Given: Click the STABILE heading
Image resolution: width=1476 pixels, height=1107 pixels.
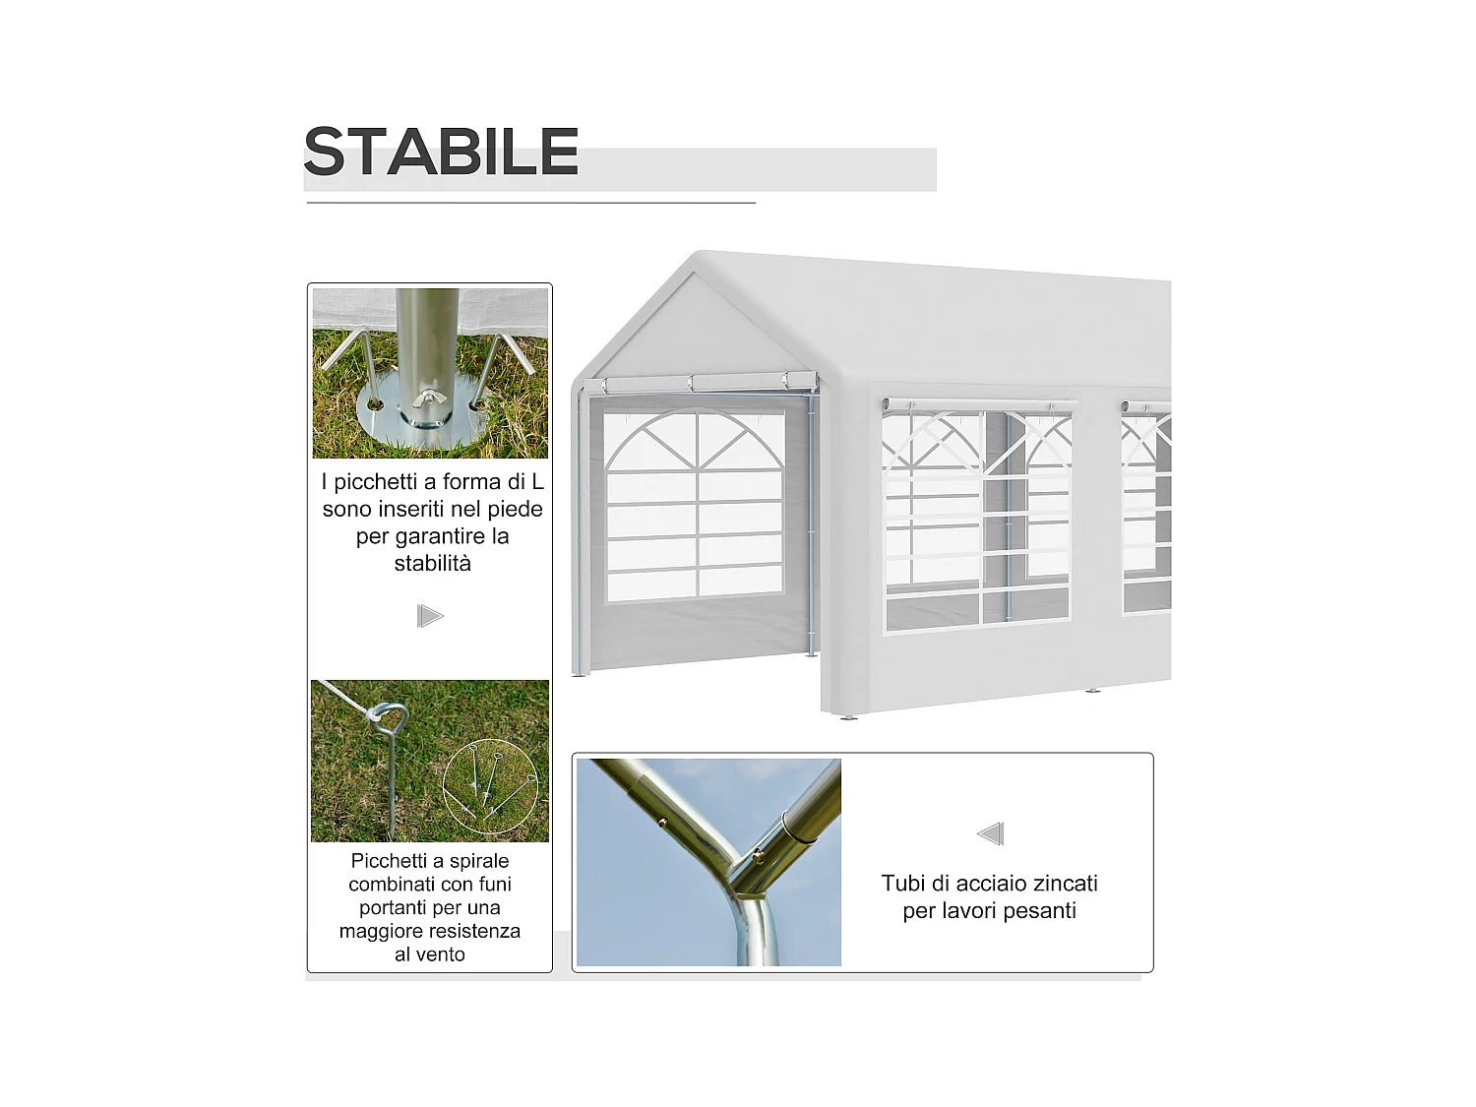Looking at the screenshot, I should [440, 152].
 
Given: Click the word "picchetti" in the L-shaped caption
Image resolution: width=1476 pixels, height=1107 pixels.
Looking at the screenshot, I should [378, 482].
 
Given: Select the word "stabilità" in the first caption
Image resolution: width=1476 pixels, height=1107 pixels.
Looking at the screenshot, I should [432, 564].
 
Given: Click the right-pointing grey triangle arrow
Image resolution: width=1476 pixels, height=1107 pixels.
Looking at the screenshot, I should [430, 616].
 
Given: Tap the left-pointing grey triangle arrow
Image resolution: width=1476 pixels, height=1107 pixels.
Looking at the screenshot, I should [990, 833].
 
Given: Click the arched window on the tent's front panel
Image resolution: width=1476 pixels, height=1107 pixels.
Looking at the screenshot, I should [697, 504].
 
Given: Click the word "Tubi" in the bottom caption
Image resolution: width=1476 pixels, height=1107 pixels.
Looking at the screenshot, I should [901, 884].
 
